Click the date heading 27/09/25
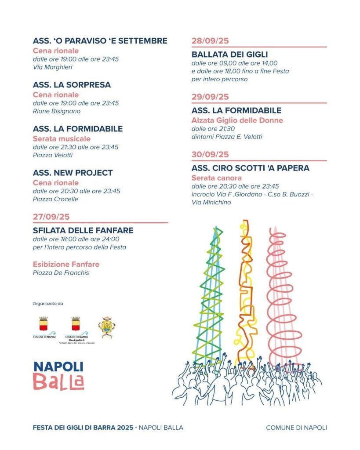click(x=51, y=217)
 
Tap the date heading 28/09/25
click(x=210, y=41)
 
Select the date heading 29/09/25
click(x=210, y=97)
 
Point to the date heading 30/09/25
click(x=210, y=154)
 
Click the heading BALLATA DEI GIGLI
click(x=229, y=54)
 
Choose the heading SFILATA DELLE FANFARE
click(x=83, y=230)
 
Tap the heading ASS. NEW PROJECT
click(x=73, y=173)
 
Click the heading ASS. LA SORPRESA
click(x=72, y=85)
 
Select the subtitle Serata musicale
click(x=62, y=138)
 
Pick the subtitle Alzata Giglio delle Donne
click(x=237, y=120)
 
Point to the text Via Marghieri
click(x=52, y=67)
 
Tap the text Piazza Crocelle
click(x=55, y=199)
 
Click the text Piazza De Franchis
click(x=61, y=273)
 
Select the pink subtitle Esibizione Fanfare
click(x=66, y=264)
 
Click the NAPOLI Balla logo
click(x=58, y=376)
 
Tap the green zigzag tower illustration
click(x=210, y=294)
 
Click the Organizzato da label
click(x=48, y=304)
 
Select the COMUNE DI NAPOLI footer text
click(x=296, y=428)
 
